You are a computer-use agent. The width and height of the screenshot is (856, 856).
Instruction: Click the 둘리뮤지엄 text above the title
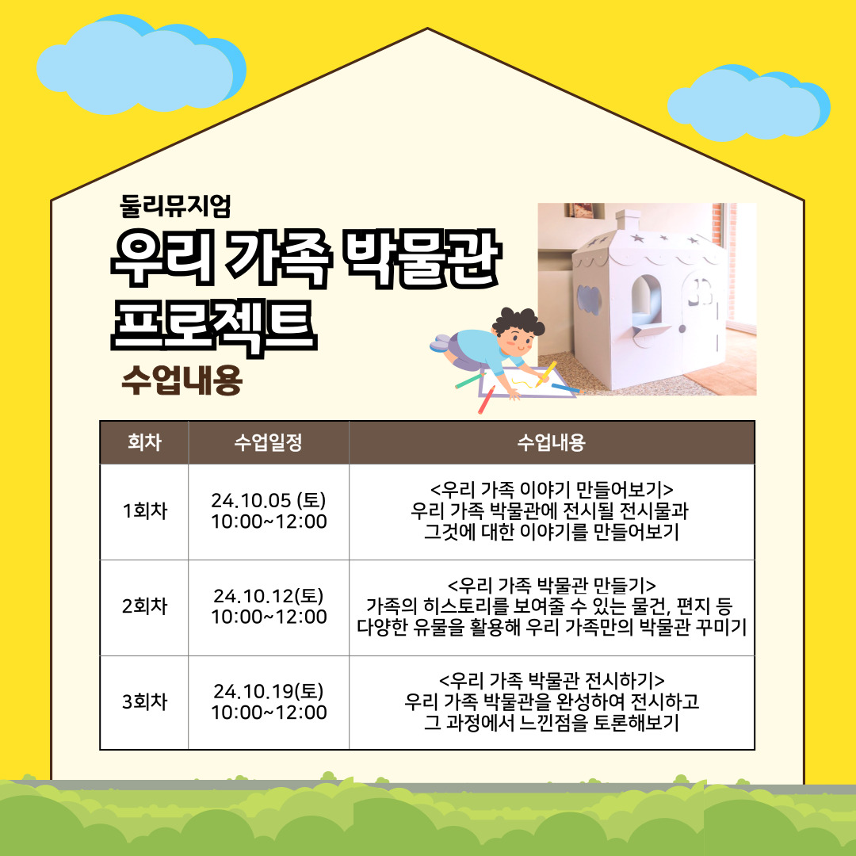click(175, 206)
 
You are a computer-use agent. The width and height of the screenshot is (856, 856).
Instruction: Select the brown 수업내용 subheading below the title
click(182, 380)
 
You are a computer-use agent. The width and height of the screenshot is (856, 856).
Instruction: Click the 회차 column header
click(144, 442)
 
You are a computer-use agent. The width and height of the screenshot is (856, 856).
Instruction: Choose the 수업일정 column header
click(268, 442)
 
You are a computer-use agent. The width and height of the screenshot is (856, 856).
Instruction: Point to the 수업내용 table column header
click(552, 442)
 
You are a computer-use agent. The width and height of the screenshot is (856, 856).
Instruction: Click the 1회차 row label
click(145, 511)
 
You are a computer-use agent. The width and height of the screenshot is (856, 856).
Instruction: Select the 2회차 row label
click(145, 606)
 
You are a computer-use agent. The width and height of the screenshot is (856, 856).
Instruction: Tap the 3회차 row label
click(145, 701)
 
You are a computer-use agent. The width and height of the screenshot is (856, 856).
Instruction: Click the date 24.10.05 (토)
click(269, 500)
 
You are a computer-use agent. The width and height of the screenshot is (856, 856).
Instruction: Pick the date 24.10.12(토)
click(269, 595)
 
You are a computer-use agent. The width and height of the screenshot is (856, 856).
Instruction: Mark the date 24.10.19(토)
click(269, 691)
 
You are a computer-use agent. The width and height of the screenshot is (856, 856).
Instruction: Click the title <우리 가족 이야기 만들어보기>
click(552, 489)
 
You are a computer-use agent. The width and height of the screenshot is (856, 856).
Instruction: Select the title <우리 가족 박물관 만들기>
click(552, 585)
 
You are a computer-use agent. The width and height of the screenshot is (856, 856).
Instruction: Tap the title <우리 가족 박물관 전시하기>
click(552, 680)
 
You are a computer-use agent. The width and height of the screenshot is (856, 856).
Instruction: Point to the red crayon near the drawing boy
click(487, 399)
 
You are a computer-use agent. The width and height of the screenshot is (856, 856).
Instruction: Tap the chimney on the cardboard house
click(628, 220)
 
